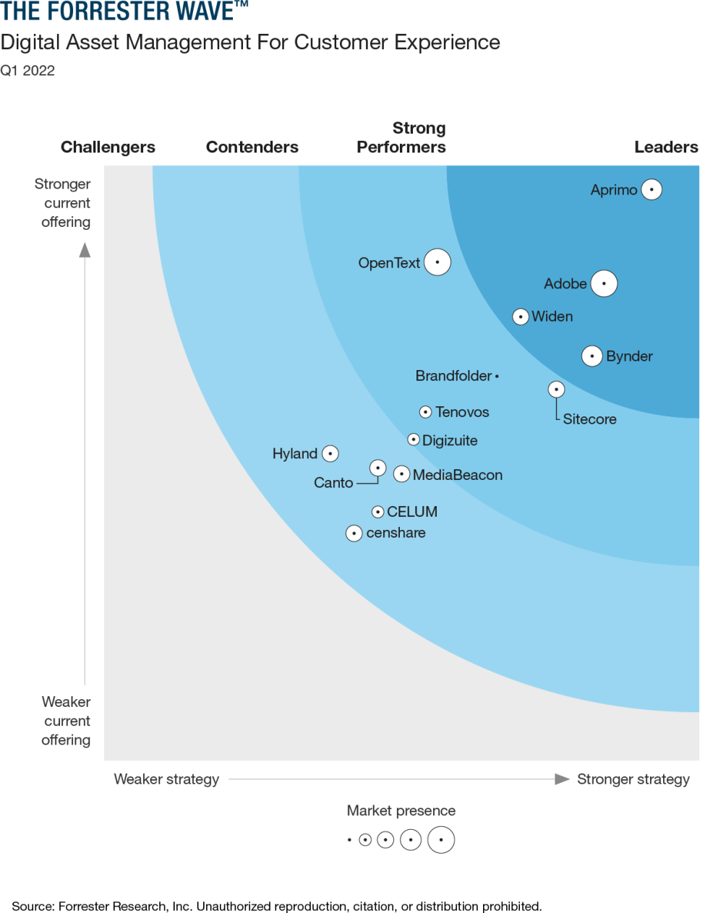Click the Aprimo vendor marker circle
[652, 189]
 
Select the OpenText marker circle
[437, 262]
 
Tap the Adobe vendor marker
[604, 283]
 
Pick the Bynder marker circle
[592, 356]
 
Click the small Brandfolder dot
[497, 376]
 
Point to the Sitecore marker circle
[556, 389]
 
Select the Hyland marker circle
[330, 453]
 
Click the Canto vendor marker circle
[377, 468]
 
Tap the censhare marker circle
[354, 533]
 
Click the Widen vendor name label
[552, 317]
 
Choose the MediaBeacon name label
[458, 475]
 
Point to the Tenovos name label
[462, 412]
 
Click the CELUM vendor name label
[412, 512]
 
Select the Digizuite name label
[450, 440]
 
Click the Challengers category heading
[108, 147]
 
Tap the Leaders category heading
[666, 147]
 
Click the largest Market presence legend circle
[441, 840]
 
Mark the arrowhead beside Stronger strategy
[562, 779]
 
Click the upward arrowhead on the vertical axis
[85, 250]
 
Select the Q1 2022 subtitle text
[27, 70]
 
